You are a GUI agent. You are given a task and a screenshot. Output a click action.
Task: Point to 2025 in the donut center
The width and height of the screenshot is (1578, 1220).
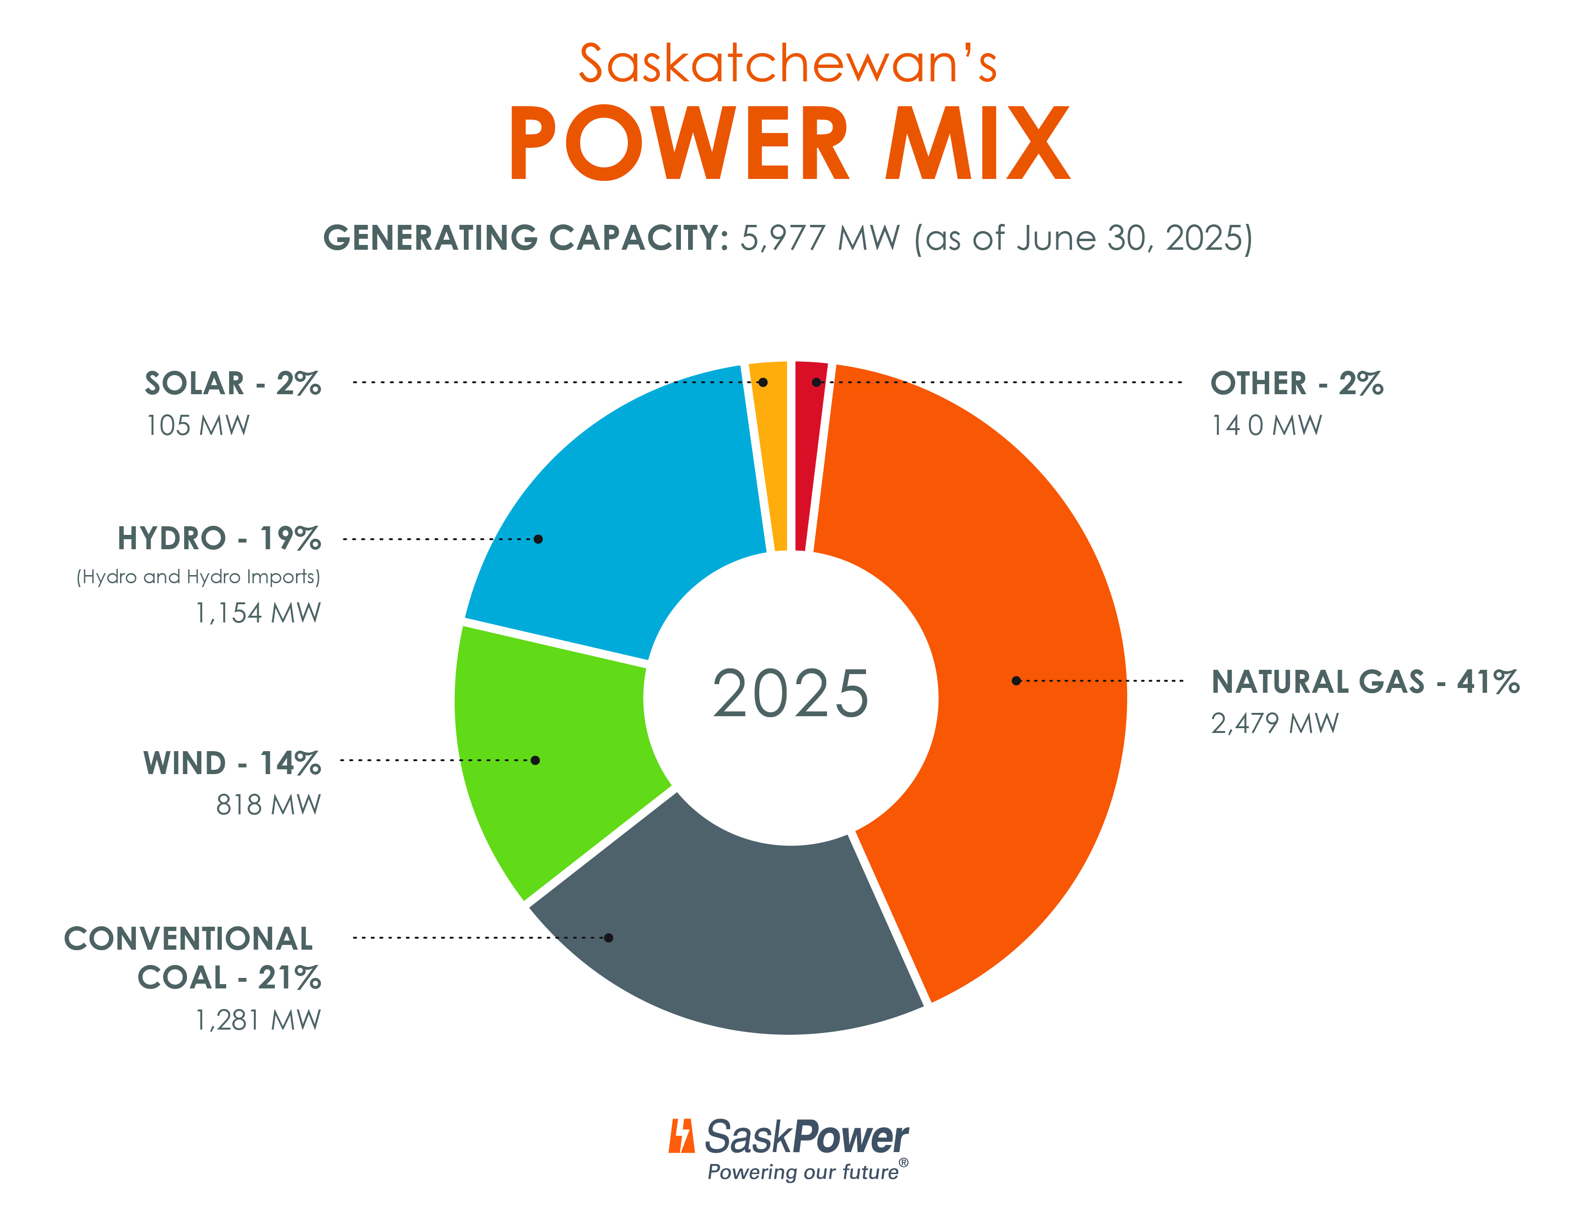click(790, 694)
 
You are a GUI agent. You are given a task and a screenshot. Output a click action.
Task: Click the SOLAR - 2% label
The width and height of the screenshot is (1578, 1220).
click(233, 383)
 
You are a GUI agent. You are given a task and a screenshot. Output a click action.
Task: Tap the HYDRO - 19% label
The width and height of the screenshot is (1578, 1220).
click(219, 538)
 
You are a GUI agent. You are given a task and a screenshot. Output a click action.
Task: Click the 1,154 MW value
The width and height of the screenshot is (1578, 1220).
click(257, 613)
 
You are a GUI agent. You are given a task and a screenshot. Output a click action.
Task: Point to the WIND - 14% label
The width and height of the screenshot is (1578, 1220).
click(232, 763)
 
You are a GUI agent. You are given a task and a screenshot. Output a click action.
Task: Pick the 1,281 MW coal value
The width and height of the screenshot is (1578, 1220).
click(257, 1020)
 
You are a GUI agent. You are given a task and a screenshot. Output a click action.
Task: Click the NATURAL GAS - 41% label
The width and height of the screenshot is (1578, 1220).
click(1365, 682)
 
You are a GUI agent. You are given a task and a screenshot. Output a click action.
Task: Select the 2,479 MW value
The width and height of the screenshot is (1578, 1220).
click(1274, 723)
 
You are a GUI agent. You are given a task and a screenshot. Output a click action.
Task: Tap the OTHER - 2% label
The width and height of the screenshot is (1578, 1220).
click(1296, 383)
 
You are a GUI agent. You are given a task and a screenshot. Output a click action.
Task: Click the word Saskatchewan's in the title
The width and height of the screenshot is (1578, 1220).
click(788, 64)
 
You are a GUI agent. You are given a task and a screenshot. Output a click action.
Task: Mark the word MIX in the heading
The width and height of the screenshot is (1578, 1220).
click(977, 143)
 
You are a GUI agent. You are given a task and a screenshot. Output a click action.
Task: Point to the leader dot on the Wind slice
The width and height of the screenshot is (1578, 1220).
click(536, 760)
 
